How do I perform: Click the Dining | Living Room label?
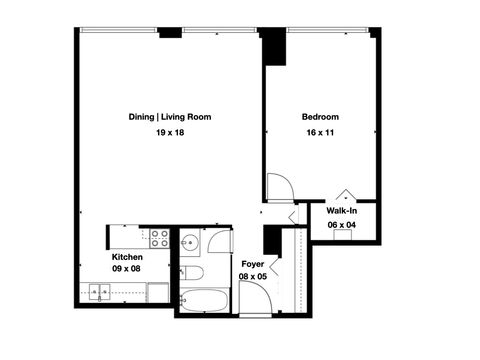(x=169, y=117)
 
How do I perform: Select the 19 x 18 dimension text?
(x=169, y=133)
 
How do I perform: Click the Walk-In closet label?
(x=342, y=211)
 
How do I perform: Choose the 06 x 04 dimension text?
(x=342, y=226)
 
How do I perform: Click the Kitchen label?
(x=126, y=256)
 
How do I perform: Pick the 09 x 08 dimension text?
(x=126, y=270)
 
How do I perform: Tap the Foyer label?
(x=252, y=264)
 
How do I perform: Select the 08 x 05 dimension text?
(x=252, y=277)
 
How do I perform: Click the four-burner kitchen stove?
(x=158, y=238)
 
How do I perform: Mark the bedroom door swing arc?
(x=279, y=187)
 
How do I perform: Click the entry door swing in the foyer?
(x=256, y=299)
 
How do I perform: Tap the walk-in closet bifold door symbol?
(x=343, y=194)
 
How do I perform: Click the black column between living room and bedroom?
(x=271, y=47)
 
